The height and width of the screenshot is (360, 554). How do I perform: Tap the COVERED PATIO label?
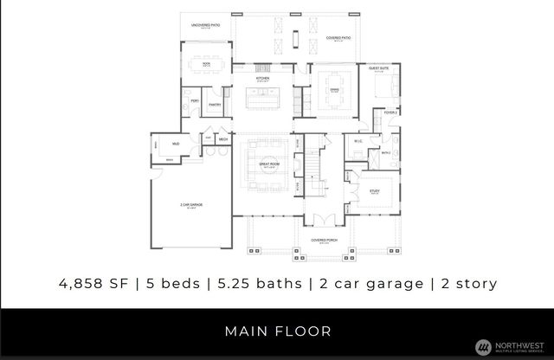point(337,38)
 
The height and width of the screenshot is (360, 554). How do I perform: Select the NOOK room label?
point(206,64)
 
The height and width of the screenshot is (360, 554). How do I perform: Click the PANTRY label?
point(215,105)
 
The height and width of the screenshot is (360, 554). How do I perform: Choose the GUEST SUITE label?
point(379,67)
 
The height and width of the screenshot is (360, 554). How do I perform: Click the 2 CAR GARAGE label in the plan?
point(191,206)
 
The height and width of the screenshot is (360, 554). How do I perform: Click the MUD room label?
point(176,144)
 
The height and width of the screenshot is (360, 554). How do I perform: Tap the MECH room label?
point(222,139)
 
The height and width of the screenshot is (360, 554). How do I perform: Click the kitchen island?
point(263,97)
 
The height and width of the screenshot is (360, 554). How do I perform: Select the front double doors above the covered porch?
point(325,219)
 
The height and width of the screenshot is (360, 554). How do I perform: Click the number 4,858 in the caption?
point(84,283)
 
